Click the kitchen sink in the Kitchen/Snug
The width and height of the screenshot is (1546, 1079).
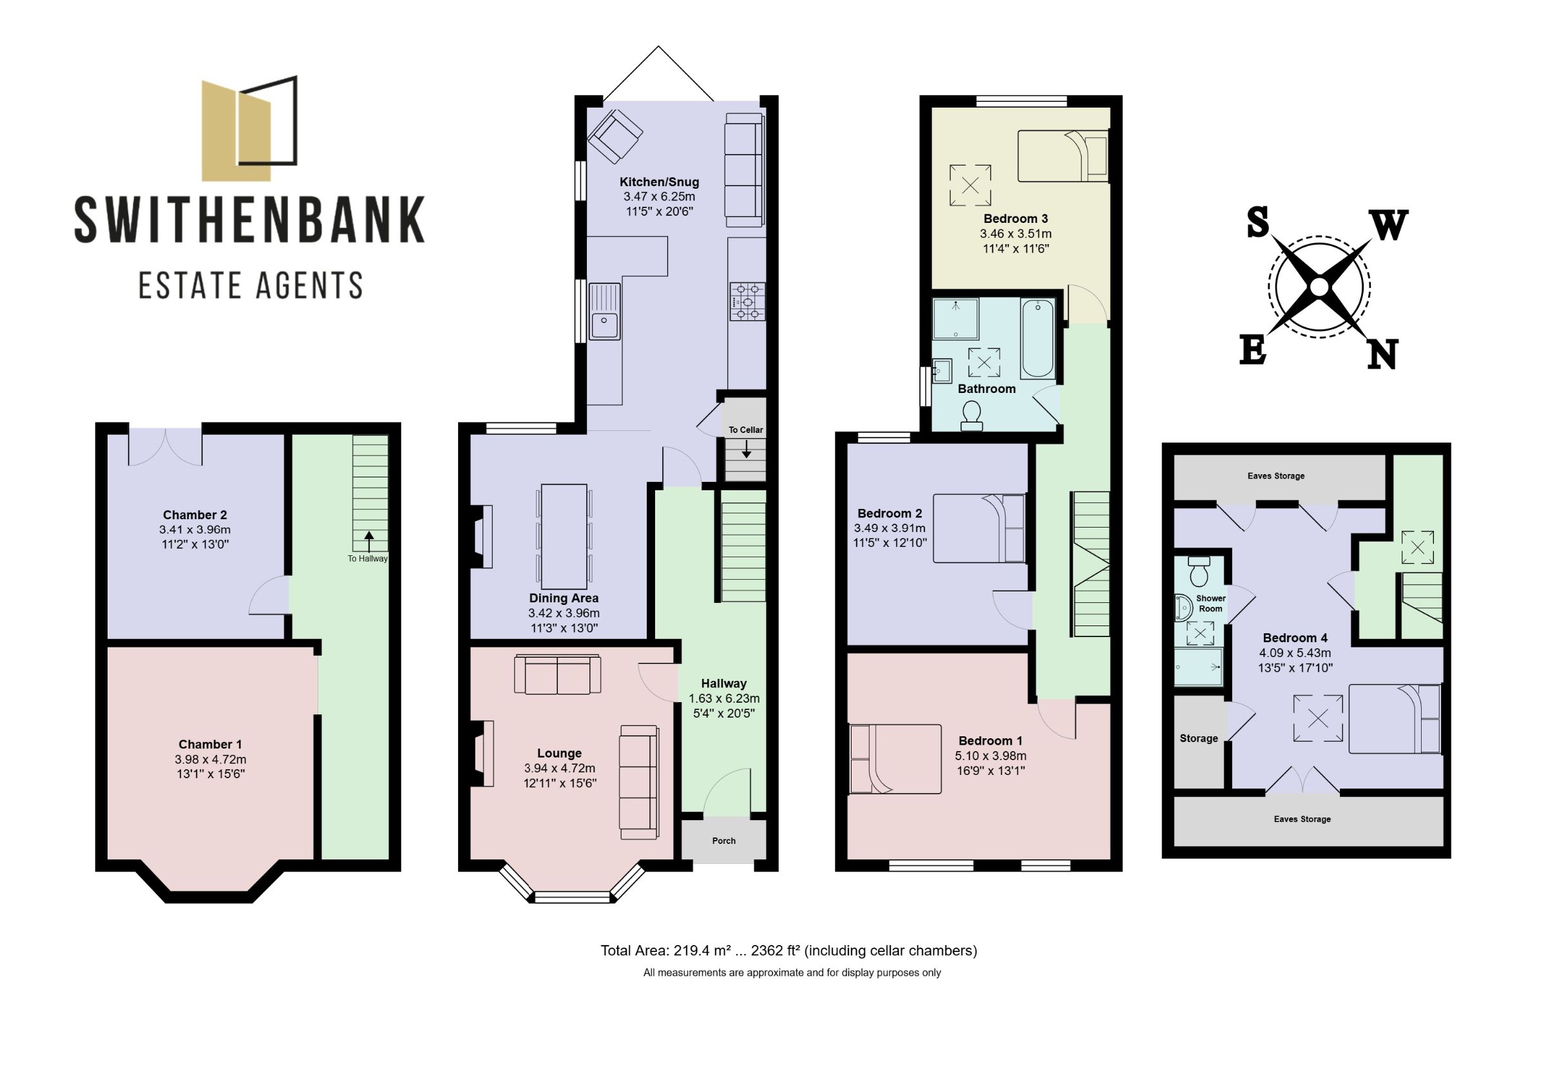(604, 311)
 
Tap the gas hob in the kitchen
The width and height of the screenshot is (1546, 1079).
(747, 301)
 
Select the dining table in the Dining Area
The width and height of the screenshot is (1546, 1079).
(564, 535)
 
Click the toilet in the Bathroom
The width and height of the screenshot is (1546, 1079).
(971, 415)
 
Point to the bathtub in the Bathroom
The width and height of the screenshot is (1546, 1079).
(1037, 338)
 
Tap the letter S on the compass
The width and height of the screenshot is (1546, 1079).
(1257, 223)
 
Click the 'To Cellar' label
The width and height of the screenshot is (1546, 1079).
(745, 430)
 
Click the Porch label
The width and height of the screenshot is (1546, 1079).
(724, 841)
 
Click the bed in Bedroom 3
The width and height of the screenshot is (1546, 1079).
(1062, 157)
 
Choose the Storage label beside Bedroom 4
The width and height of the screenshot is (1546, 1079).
(1199, 738)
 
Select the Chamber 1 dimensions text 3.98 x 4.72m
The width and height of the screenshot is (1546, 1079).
(210, 759)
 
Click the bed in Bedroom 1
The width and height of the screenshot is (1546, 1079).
(895, 759)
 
